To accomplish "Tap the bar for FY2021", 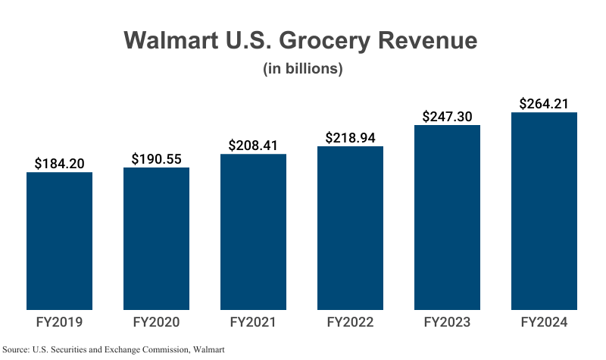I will (253, 232).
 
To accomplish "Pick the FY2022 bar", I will (350, 228).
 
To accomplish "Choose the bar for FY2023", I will (447, 218).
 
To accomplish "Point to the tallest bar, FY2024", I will (544, 211).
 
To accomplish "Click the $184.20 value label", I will (60, 163).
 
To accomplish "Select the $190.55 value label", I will (157, 158).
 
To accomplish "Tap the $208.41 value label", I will (254, 145).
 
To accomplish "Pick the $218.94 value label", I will (351, 137).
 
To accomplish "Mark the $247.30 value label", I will (448, 116).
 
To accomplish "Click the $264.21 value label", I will (544, 103).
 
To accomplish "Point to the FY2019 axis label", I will (59, 322).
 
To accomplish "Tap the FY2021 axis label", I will (253, 322).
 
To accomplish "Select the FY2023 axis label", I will (447, 322).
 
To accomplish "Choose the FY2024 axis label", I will (544, 322).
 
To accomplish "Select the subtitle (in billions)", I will (303, 69).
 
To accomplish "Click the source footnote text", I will (114, 349).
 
